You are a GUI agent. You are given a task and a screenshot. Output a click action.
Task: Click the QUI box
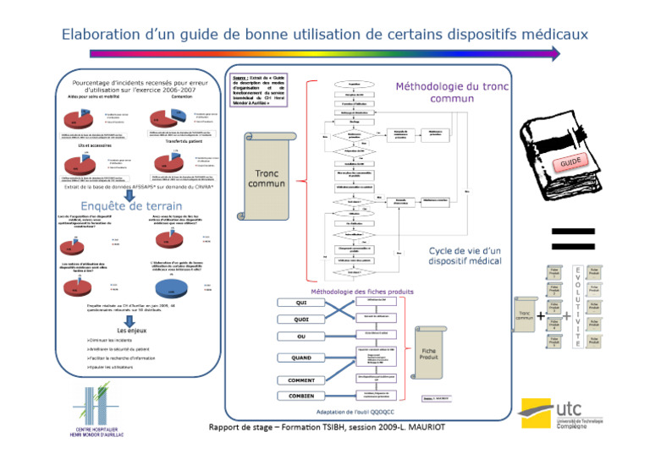pos(301,303)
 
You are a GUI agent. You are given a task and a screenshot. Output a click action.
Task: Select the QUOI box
pos(301,320)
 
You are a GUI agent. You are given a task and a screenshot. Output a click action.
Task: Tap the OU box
pos(301,337)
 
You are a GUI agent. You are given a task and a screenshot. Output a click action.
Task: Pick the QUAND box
pos(301,358)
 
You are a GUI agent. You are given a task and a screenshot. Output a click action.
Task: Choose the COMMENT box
pos(301,380)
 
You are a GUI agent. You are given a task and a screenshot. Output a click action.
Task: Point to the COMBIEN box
pos(301,396)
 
